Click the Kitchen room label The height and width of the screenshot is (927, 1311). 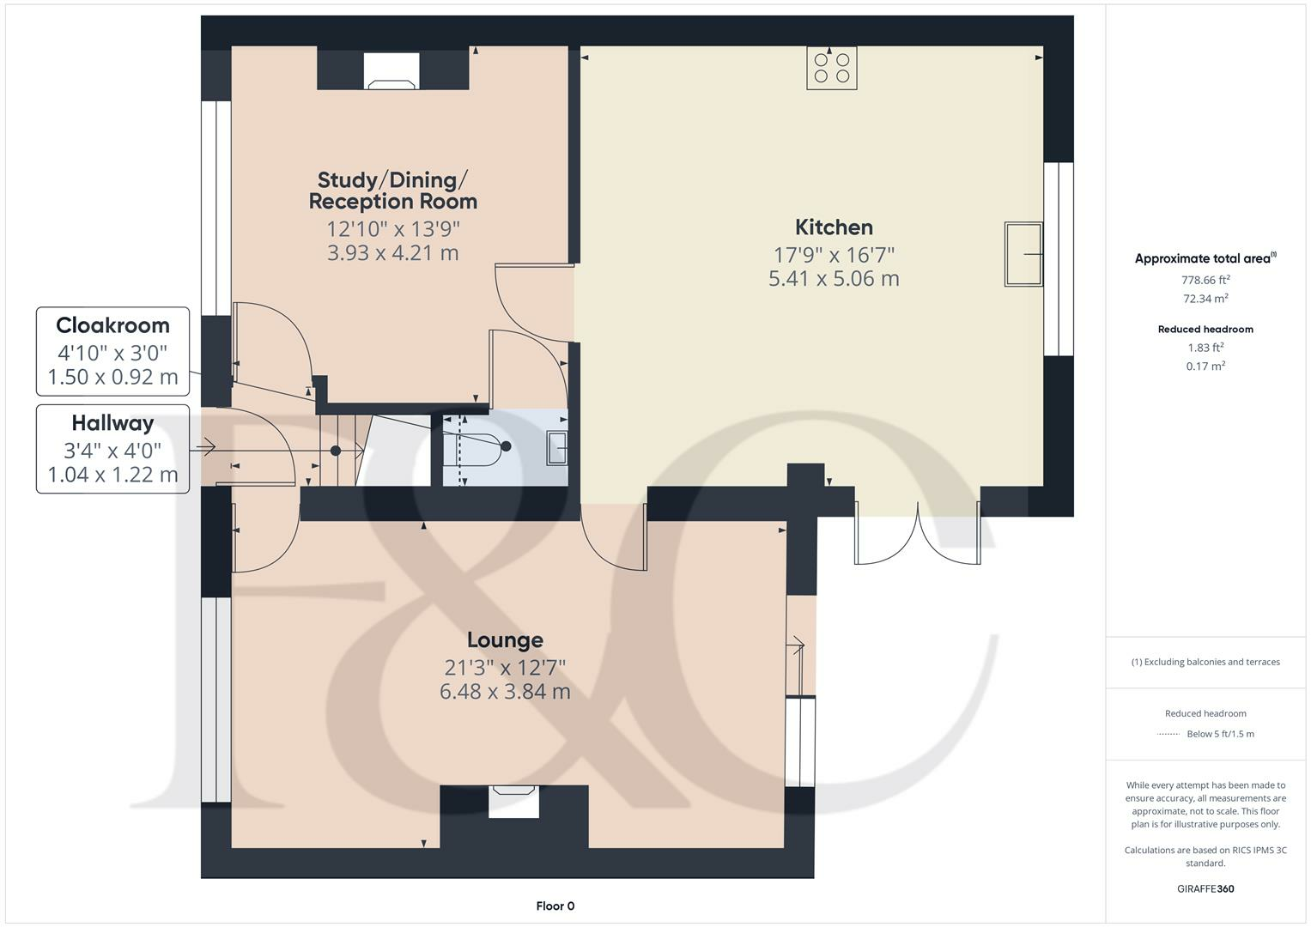[834, 227]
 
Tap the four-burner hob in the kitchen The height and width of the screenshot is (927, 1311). [831, 68]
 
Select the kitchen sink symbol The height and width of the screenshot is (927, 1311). [1023, 254]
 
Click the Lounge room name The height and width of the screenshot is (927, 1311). [505, 640]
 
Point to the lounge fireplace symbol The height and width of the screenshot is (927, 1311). [513, 802]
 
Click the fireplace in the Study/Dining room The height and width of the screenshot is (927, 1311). [392, 72]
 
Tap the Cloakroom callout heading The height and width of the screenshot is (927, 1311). [112, 326]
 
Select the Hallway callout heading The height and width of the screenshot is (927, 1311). [112, 423]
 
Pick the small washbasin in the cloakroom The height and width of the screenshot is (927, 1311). [556, 448]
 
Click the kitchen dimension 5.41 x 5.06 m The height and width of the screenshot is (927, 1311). [834, 279]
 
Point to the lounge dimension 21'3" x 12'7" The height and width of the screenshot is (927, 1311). [505, 668]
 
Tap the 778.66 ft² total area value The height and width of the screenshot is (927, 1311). [1205, 280]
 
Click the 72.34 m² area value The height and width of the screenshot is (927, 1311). [1205, 299]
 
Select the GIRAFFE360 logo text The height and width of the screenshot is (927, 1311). [1205, 888]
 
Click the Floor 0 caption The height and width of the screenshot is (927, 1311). [555, 906]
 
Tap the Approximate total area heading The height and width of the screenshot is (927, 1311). [1204, 258]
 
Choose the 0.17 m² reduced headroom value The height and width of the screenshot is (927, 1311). [1205, 367]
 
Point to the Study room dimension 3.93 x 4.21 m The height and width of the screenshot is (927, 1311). [392, 253]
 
